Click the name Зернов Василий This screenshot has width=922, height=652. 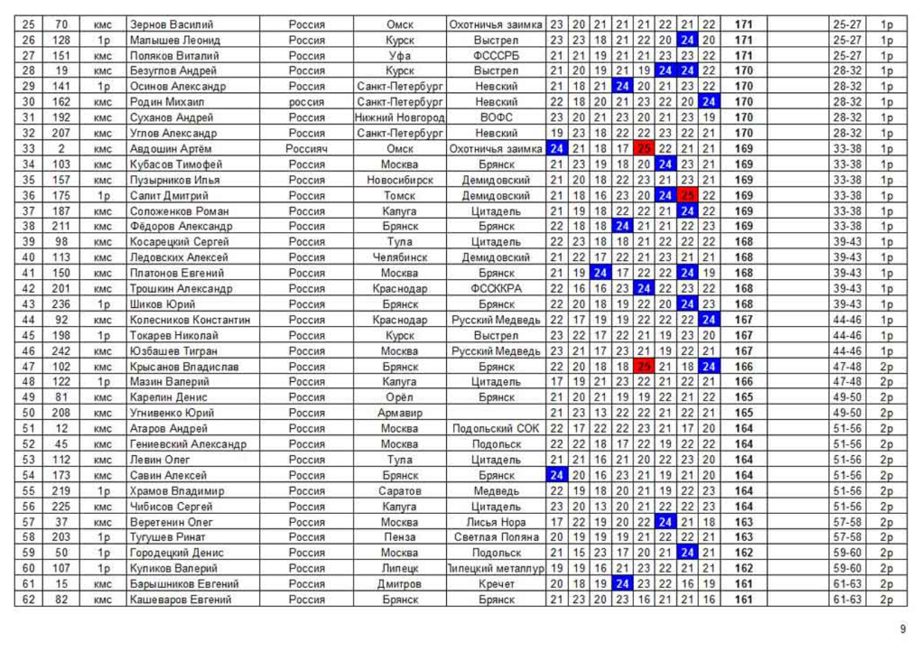[172, 24]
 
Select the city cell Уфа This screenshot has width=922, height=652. [399, 55]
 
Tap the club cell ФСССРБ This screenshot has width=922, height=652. [496, 55]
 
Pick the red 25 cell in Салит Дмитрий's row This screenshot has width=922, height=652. [687, 195]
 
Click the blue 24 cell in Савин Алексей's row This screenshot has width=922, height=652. [557, 475]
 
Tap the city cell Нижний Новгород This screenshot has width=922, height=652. [399, 117]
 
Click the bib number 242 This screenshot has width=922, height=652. [61, 351]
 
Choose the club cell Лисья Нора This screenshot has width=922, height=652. [496, 522]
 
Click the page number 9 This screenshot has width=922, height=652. [903, 629]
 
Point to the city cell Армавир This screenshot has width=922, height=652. [399, 413]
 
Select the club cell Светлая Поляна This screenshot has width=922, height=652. [496, 537]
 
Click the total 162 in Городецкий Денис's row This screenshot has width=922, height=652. [743, 553]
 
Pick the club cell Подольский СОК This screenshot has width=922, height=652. [496, 428]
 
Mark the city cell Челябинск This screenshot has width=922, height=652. [399, 258]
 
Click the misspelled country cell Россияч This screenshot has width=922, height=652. [307, 148]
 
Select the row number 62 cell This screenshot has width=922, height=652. [28, 600]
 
